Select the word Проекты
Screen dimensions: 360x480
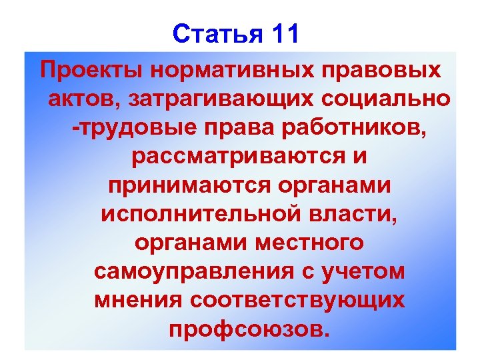[x=89, y=69]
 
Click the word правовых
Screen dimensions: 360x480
[x=377, y=69]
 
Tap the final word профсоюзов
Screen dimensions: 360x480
[x=249, y=329]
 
